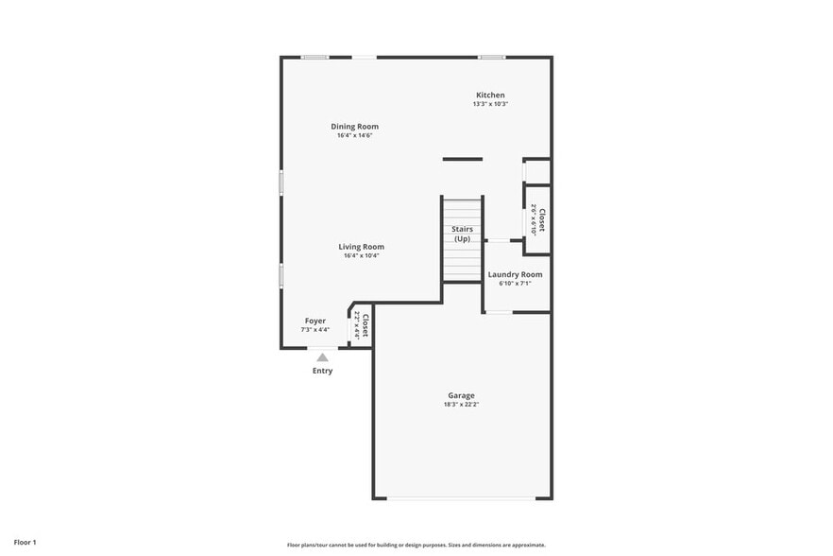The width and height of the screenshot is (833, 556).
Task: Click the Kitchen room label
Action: (x=490, y=95)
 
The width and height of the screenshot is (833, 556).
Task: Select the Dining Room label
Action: (x=354, y=127)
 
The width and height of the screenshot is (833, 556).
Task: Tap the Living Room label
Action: (x=361, y=247)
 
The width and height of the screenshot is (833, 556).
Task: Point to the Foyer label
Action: (x=314, y=321)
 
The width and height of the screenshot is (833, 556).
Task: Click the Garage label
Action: (x=461, y=395)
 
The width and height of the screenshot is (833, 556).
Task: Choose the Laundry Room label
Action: (x=515, y=274)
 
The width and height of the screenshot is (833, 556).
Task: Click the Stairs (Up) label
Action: (x=462, y=234)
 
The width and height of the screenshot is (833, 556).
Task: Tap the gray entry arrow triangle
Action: (x=322, y=357)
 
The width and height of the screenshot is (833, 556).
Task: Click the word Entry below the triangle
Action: (x=322, y=371)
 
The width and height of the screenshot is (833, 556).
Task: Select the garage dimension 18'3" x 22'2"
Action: (x=461, y=405)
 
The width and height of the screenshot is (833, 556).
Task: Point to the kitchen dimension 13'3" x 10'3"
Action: (x=490, y=104)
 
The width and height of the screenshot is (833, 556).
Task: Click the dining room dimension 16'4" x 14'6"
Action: (x=354, y=135)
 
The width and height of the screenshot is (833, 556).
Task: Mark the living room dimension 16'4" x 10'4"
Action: (x=361, y=255)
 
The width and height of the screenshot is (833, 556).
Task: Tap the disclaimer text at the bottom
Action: (x=416, y=545)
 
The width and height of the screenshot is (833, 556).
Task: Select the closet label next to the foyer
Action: (x=363, y=325)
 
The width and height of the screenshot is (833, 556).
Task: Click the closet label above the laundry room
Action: (x=538, y=220)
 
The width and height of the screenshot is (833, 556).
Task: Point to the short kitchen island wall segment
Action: (x=463, y=159)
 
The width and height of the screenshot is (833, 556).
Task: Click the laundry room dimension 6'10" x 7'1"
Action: (x=515, y=283)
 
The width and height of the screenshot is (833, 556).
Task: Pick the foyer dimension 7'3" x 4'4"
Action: (x=314, y=330)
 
